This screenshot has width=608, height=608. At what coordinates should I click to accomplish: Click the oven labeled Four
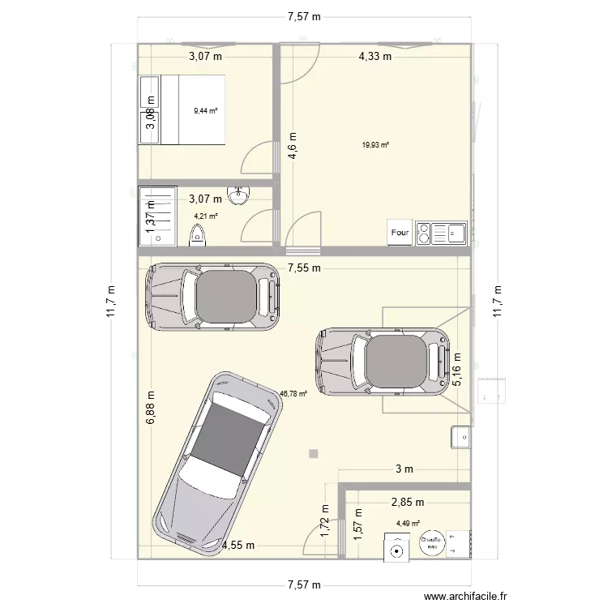[400, 232]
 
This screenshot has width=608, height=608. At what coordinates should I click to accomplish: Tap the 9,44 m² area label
[205, 111]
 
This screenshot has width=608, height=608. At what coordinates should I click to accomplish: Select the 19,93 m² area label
[375, 145]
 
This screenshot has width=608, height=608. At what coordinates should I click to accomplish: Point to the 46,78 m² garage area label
[293, 395]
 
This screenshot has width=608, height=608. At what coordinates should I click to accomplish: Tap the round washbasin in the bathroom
[240, 195]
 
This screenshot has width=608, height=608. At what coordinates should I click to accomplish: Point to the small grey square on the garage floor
[314, 454]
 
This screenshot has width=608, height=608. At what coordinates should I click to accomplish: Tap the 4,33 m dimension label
[375, 56]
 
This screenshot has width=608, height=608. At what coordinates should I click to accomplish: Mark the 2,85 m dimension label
[407, 503]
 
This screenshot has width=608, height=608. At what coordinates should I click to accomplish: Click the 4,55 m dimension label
[238, 546]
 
